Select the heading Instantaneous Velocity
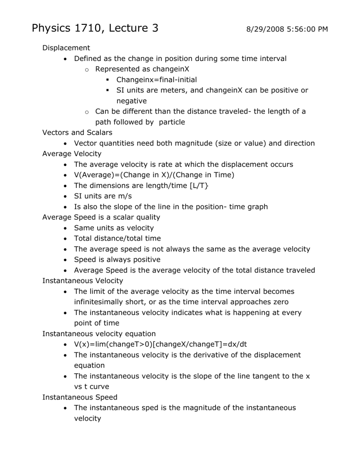click(x=82, y=280)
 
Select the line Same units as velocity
click(x=114, y=228)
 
